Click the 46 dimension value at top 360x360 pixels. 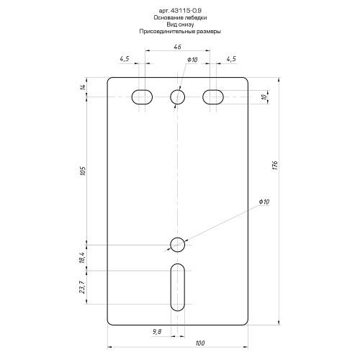(177, 47)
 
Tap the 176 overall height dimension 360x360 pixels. (275, 166)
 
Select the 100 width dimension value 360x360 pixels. (200, 343)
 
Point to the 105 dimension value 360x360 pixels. (83, 171)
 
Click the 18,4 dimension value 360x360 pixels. (82, 258)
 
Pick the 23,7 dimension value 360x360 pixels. (82, 287)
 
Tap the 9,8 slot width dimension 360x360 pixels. (157, 332)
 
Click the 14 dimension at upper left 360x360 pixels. (83, 87)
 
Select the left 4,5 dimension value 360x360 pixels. (125, 58)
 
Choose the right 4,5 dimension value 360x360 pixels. (231, 58)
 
